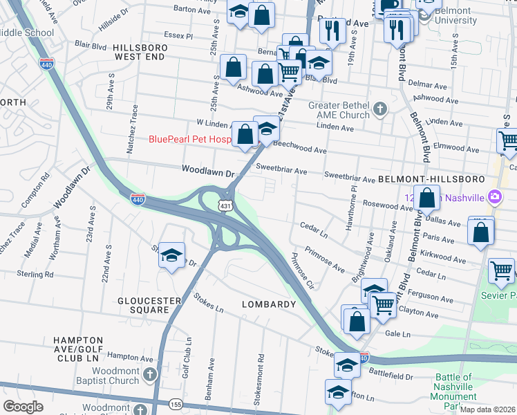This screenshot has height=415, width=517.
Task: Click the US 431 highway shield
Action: pos(225,206)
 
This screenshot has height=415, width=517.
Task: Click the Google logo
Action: pos(23,407)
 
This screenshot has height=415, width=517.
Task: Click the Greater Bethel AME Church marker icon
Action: pos(379,109)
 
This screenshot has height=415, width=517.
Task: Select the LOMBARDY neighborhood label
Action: pos(268,304)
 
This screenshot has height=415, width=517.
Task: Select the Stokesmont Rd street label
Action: pos(261,373)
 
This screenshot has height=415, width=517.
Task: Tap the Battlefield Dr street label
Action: pos(391,376)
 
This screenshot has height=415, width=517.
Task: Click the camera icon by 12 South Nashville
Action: pos(494,198)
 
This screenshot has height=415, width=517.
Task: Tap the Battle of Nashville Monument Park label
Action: pos(453,391)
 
